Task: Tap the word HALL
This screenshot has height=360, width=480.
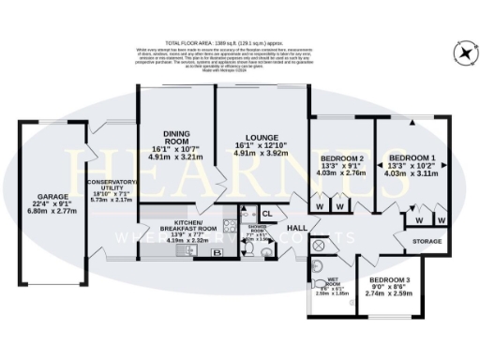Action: coord(297,229)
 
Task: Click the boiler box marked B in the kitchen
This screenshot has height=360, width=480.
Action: coord(217,252)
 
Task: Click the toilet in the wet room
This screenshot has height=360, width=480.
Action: coord(316,265)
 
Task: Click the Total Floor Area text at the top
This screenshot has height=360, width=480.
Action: coord(240,44)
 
